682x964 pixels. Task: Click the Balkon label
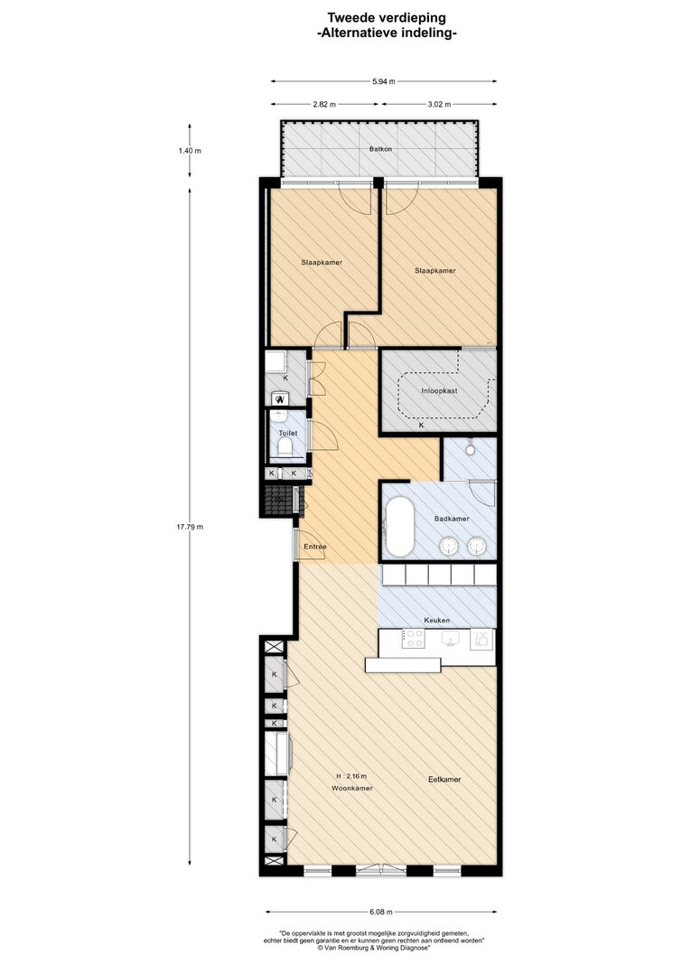[x=380, y=149]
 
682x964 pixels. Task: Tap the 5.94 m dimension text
[x=383, y=81]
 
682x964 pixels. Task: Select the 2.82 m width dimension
[x=324, y=104]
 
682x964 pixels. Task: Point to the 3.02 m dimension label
[x=439, y=104]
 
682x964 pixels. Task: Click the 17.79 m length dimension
[x=189, y=527]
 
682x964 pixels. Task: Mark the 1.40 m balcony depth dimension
[x=189, y=151]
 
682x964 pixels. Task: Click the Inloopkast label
[x=439, y=390]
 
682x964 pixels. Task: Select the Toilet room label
[x=287, y=433]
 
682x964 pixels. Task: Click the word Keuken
[x=437, y=621]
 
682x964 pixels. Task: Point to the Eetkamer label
[x=444, y=779]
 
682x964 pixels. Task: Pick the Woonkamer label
[x=352, y=788]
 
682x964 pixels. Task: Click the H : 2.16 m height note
[x=351, y=776]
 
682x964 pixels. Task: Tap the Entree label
[x=315, y=547]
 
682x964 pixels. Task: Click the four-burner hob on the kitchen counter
[x=414, y=639]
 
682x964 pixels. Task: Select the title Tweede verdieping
[x=387, y=18]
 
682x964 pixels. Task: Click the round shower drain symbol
[x=470, y=449]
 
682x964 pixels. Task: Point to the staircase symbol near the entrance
[x=281, y=499]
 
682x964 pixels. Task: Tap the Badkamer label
[x=452, y=519]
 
